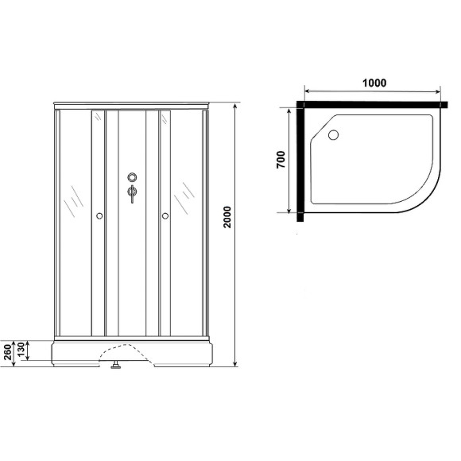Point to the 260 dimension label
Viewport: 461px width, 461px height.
coord(8,350)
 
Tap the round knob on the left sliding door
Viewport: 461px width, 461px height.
coord(99,215)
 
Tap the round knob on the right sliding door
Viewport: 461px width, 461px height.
coord(165,215)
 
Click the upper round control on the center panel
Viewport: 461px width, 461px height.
coord(132,178)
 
